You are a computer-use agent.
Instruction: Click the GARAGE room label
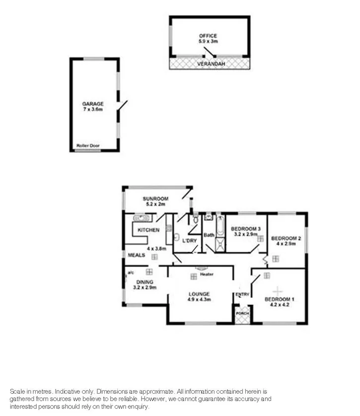pos(93,104)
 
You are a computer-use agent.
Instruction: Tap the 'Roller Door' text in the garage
pos(88,145)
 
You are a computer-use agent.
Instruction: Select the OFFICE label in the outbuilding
pos(208,36)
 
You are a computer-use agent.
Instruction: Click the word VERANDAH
pos(209,65)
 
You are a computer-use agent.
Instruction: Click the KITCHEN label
pos(148,230)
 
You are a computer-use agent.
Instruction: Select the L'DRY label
pos(190,241)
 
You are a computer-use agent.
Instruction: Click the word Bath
pos(209,235)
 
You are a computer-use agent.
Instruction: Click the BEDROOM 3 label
pos(246,229)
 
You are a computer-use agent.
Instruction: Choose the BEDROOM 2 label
pos(286,238)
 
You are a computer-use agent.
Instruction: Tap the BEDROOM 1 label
pos(279,299)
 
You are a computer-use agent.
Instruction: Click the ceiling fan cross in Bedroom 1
pos(278,290)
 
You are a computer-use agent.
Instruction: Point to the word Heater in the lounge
pos(207,274)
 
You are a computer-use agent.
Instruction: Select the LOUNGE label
pos(199,293)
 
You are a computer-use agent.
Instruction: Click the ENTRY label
pos(242,294)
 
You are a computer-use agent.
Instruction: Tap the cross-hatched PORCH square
pos(242,316)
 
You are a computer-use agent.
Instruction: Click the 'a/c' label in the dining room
pos(130,273)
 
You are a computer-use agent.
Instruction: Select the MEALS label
pos(137,255)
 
